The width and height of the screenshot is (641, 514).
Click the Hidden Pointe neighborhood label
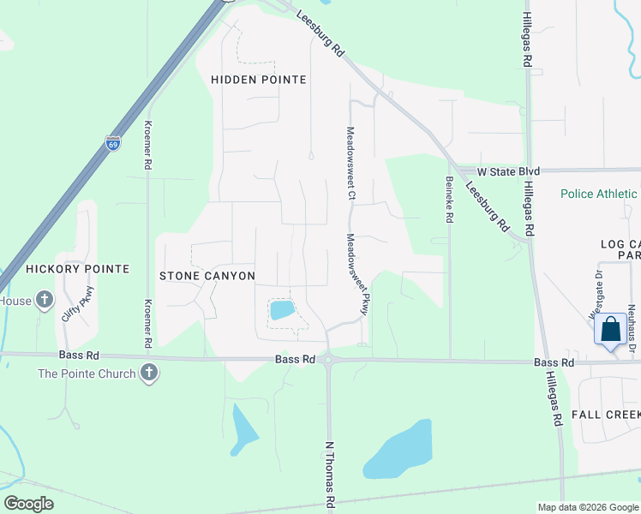click(x=259, y=80)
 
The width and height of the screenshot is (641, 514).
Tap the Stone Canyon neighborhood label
click(x=207, y=276)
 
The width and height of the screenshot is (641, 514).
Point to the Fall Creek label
click(x=606, y=415)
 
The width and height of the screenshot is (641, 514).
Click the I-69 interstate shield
click(x=113, y=143)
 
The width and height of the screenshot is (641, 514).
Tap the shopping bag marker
click(x=610, y=330)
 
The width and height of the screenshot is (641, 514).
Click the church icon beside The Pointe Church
click(x=149, y=374)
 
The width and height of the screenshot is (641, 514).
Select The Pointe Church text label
click(x=87, y=374)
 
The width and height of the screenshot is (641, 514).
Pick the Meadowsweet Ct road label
click(x=350, y=164)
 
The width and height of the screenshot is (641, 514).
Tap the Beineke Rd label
click(x=449, y=199)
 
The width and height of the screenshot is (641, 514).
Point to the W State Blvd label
click(x=508, y=171)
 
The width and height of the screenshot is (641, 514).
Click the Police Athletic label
click(x=600, y=194)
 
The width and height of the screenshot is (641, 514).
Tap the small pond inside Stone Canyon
click(x=282, y=310)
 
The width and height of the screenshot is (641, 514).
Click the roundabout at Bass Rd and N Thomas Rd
click(x=329, y=362)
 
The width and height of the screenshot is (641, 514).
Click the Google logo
click(x=28, y=504)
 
